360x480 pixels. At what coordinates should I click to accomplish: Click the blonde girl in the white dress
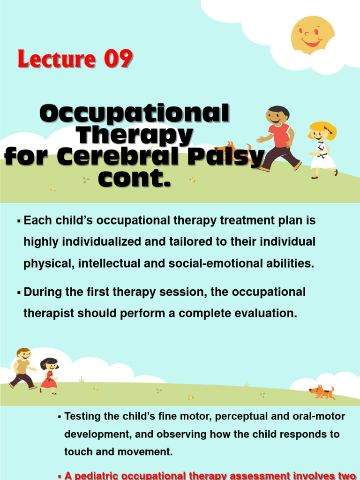tap(322, 149)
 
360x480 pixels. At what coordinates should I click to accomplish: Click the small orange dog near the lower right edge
tap(322, 392)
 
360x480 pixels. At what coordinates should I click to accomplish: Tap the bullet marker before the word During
tap(19, 293)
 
